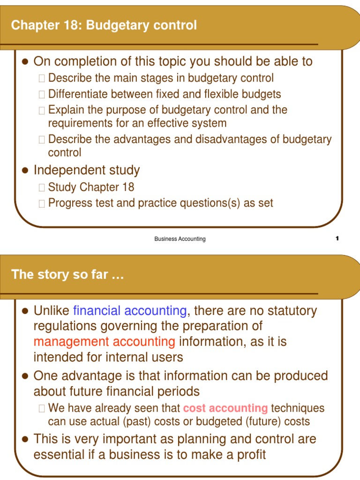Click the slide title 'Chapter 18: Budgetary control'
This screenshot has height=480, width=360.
click(104, 25)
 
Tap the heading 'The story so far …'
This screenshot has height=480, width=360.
click(67, 274)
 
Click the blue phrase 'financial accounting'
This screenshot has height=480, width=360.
click(130, 311)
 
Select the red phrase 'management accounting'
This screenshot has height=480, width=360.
click(104, 342)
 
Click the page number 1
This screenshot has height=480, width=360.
click(337, 239)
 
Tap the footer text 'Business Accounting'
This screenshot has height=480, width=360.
click(180, 239)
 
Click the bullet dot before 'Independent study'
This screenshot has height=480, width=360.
click(26, 171)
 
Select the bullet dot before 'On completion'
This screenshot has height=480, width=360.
click(26, 62)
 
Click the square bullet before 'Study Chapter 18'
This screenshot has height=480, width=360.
click(42, 188)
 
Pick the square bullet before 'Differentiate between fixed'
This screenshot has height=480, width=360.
click(42, 95)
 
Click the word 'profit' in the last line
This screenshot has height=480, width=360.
click(251, 454)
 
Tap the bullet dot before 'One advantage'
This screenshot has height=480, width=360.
click(26, 376)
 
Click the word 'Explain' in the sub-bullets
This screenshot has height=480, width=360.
click(65, 110)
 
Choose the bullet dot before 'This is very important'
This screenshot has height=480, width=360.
click(26, 440)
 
